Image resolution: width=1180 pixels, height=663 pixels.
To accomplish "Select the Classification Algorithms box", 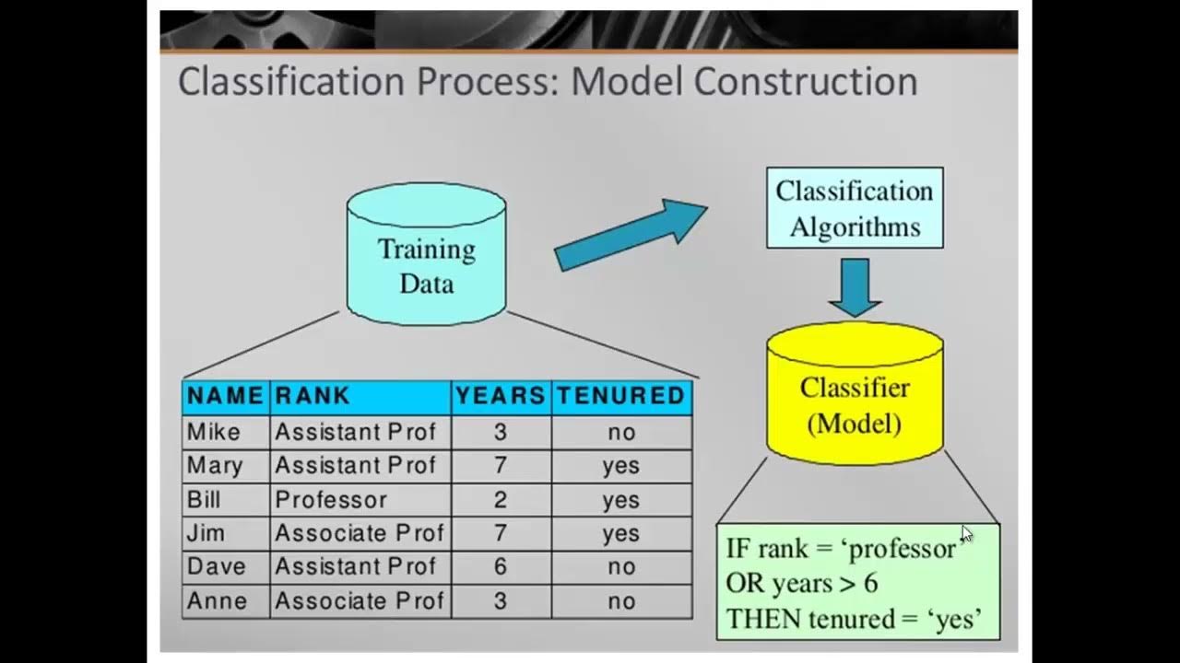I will click(855, 208).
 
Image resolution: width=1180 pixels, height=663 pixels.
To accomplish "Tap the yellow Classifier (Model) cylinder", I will click(855, 396).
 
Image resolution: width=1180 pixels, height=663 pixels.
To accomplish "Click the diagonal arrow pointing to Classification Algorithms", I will click(631, 236).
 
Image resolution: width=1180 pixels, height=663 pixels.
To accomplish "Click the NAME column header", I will click(225, 396).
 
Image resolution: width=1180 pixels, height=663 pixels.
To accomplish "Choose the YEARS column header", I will click(501, 396).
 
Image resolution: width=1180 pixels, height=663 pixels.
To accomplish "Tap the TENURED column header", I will click(620, 396).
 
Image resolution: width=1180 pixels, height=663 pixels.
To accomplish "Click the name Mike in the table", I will click(214, 432).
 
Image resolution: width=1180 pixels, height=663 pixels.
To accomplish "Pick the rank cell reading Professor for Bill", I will click(331, 500).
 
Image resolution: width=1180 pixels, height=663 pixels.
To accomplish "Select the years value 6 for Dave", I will click(501, 567).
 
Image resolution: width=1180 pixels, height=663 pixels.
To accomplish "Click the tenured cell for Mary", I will click(620, 466).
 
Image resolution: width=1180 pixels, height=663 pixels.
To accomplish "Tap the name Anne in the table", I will click(218, 601).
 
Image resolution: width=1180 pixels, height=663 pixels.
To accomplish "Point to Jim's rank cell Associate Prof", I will click(359, 533).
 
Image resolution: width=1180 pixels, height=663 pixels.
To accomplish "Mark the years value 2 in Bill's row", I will click(501, 500).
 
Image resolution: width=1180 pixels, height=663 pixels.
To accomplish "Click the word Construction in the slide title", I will click(806, 81).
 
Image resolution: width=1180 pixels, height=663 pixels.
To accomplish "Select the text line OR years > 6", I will click(801, 584).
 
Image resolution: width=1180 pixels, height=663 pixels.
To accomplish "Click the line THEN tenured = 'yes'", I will click(853, 619).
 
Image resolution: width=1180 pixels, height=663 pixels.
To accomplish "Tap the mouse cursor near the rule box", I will click(965, 533).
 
